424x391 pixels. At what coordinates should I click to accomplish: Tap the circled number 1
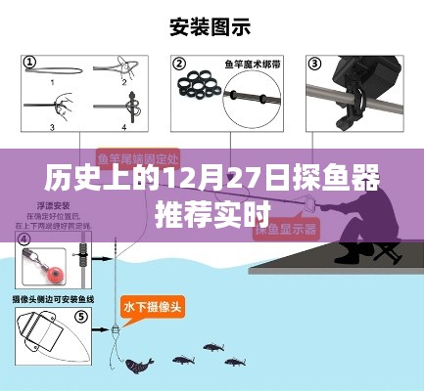[x=29, y=63]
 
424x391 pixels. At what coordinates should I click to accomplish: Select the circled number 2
[x=179, y=64]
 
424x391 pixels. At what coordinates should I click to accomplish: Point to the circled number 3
[x=315, y=64]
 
